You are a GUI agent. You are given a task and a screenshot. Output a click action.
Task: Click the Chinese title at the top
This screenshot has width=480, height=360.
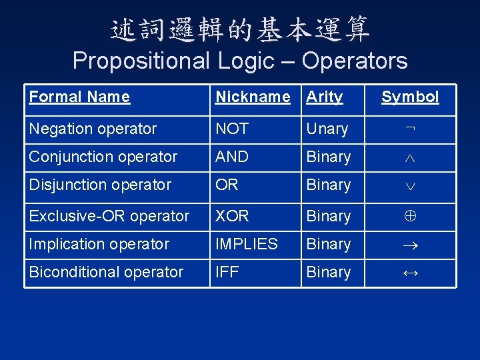click(x=240, y=29)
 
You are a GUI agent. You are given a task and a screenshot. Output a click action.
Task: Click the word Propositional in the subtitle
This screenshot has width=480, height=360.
click(x=141, y=61)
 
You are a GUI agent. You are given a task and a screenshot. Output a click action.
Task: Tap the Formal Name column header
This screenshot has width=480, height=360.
click(x=79, y=97)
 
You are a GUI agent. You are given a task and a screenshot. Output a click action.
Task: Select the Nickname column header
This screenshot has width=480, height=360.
click(x=253, y=97)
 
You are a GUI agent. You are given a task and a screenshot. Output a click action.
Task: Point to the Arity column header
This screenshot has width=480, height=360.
click(x=324, y=97)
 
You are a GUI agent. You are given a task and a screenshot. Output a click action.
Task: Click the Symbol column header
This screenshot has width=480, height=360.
click(x=410, y=97)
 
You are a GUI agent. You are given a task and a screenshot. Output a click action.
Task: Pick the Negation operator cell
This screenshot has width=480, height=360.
click(x=93, y=129)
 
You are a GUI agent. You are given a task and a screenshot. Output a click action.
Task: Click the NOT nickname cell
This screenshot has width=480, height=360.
click(x=232, y=129)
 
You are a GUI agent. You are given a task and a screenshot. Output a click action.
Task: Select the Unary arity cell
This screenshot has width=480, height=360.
click(x=327, y=129)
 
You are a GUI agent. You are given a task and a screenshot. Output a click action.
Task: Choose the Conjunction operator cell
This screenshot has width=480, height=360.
click(x=103, y=157)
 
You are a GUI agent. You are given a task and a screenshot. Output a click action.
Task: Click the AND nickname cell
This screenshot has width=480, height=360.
click(x=232, y=157)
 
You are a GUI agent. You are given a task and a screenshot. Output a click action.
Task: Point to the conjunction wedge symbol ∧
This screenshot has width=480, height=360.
click(x=410, y=158)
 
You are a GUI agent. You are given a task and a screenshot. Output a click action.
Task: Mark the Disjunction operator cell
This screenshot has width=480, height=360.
click(x=100, y=185)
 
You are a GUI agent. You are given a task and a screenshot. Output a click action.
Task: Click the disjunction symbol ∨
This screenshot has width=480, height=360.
click(x=410, y=186)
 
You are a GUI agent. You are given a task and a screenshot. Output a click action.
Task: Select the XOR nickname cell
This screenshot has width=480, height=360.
click(x=232, y=216)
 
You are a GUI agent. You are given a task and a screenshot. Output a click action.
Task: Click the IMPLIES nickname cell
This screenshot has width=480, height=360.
click(x=246, y=244)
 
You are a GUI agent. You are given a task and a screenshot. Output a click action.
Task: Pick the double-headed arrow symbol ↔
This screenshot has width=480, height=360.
click(x=410, y=273)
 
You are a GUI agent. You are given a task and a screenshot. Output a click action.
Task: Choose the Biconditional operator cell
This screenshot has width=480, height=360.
click(x=106, y=272)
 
